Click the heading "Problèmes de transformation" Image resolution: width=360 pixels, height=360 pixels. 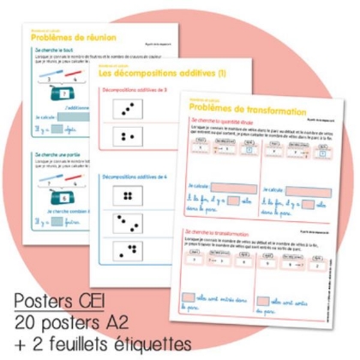click(x=248, y=110)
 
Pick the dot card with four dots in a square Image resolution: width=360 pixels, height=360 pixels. click(x=129, y=196)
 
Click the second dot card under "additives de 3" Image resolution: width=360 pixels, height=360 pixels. click(x=129, y=136)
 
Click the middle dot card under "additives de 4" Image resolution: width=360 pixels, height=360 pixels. click(x=129, y=225)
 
